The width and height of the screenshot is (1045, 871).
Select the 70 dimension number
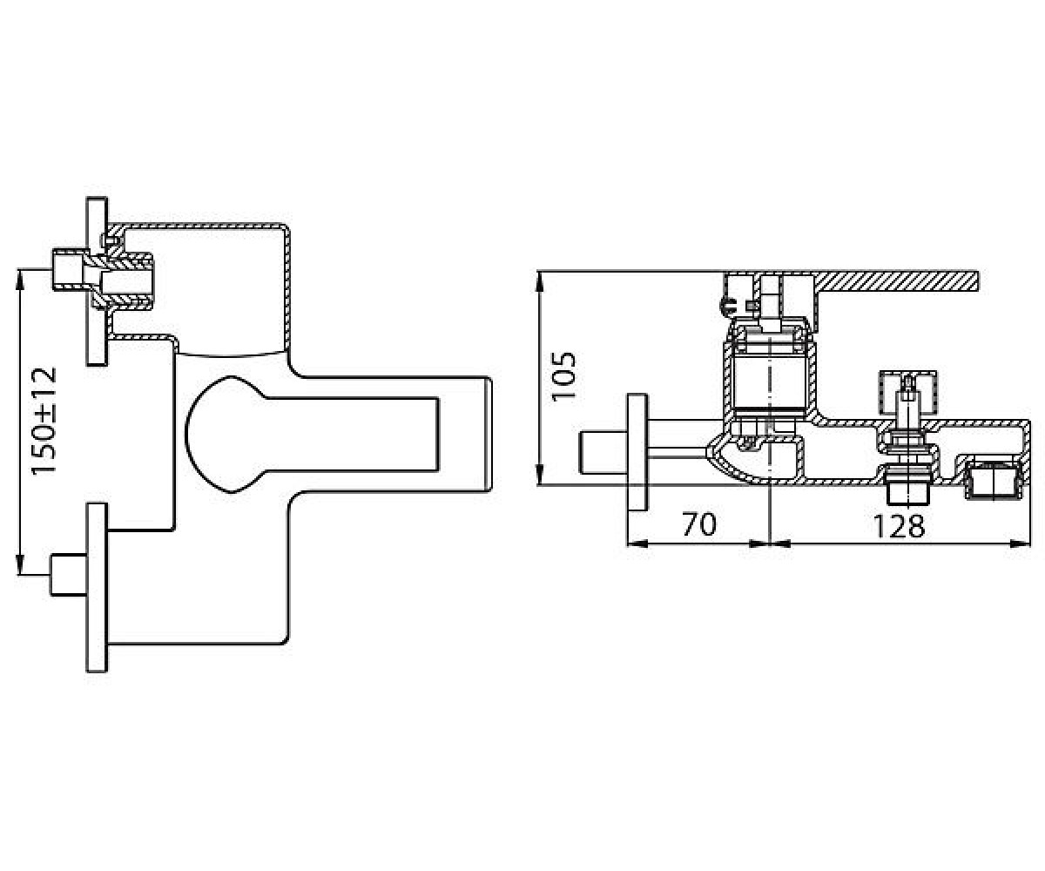pyautogui.click(x=699, y=524)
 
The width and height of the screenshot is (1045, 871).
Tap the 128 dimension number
pyautogui.click(x=899, y=526)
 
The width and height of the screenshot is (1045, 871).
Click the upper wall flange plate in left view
pyautogui.click(x=97, y=280)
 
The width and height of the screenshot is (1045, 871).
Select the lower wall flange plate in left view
pyautogui.click(x=97, y=588)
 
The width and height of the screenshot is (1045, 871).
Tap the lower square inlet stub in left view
pyautogui.click(x=69, y=575)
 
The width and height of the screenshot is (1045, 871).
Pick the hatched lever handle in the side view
pyautogui.click(x=851, y=281)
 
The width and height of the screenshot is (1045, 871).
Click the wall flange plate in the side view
pyautogui.click(x=637, y=453)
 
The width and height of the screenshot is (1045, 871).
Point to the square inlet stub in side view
pyautogui.click(x=603, y=453)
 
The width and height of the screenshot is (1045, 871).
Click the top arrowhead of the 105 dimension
pyautogui.click(x=540, y=280)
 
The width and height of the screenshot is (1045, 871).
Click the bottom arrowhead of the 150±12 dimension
pyautogui.click(x=20, y=565)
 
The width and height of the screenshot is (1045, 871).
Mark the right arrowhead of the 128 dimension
pyautogui.click(x=1020, y=544)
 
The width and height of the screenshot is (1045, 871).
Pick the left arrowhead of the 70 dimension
pyautogui.click(x=638, y=544)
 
